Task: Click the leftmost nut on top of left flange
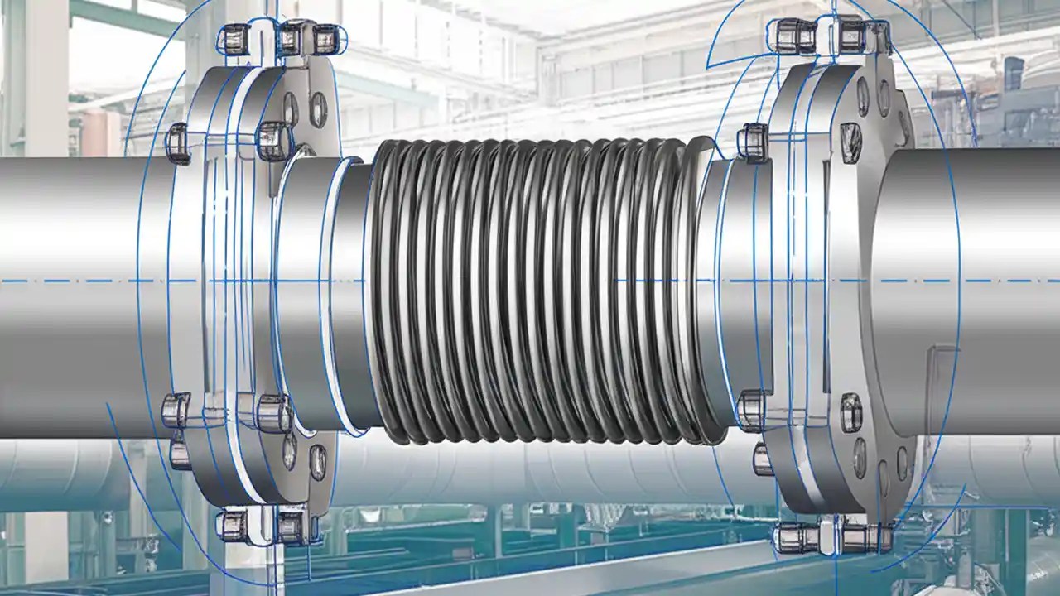point(234,36)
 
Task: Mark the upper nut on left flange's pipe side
point(179,142)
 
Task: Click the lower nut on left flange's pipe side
point(176,410)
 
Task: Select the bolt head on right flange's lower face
point(851,411)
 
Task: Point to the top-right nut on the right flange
point(853,35)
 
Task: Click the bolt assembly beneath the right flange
point(832,536)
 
